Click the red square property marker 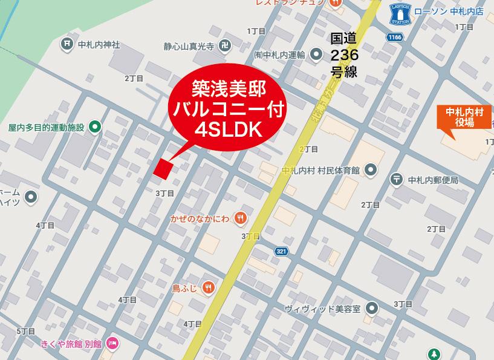(163, 169)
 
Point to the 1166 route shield (395, 38)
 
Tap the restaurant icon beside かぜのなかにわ (241, 218)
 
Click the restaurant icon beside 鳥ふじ (208, 287)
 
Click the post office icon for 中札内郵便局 (396, 178)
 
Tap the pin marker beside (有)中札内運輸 (316, 56)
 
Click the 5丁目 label (26, 332)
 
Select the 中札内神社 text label (99, 44)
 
